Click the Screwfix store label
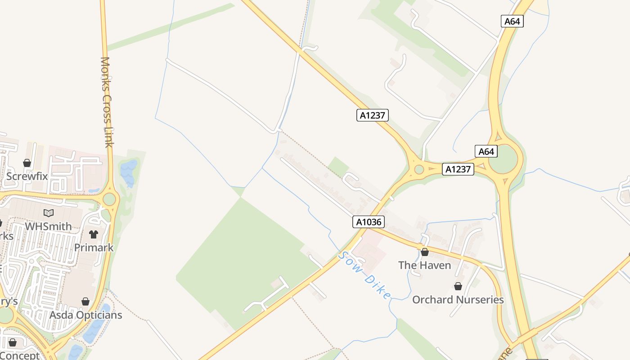(x=27, y=176)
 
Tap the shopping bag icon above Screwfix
(x=27, y=163)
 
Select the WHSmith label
(x=48, y=226)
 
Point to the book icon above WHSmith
(x=48, y=213)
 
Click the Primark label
(x=94, y=247)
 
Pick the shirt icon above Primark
(x=94, y=234)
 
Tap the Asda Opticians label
(x=85, y=315)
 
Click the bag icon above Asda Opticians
(x=85, y=301)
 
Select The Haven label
(x=424, y=265)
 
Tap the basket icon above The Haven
(x=424, y=252)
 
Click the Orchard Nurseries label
(x=458, y=299)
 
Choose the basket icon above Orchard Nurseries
(x=458, y=286)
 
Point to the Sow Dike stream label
(x=364, y=275)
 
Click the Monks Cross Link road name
(x=106, y=102)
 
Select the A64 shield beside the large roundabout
(x=486, y=151)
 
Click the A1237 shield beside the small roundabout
(x=458, y=169)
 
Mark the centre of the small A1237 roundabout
(x=419, y=170)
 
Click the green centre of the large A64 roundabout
(x=505, y=159)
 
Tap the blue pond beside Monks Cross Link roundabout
(x=128, y=173)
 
